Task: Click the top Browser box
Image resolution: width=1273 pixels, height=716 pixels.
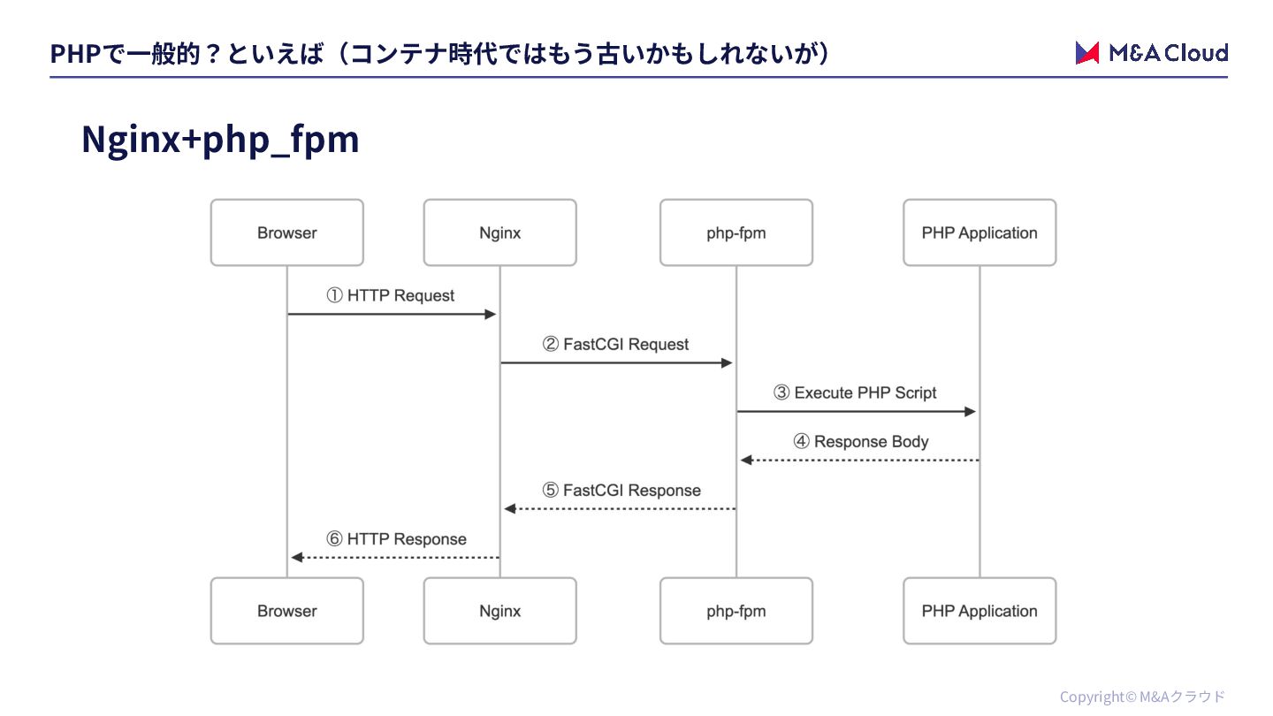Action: click(287, 232)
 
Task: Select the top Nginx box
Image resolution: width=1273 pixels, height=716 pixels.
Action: click(500, 232)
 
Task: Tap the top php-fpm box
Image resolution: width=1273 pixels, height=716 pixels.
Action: click(736, 232)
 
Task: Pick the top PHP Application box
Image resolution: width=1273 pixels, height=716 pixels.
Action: click(980, 232)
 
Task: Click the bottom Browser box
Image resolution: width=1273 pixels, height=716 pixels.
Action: click(287, 611)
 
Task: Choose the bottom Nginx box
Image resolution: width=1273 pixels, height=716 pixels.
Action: click(500, 611)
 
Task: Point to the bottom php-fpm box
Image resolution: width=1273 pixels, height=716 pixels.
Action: click(736, 611)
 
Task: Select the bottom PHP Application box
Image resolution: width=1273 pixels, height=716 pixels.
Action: click(980, 611)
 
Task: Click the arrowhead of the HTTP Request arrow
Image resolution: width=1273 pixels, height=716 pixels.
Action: click(491, 315)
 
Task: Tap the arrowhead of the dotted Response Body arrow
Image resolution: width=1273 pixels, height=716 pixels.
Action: click(747, 461)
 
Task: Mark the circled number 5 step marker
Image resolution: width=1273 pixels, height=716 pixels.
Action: click(550, 490)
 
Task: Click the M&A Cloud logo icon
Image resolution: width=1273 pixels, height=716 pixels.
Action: click(1087, 53)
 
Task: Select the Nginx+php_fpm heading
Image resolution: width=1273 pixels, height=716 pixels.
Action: click(220, 140)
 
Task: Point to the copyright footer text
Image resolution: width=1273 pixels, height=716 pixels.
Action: click(1142, 697)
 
